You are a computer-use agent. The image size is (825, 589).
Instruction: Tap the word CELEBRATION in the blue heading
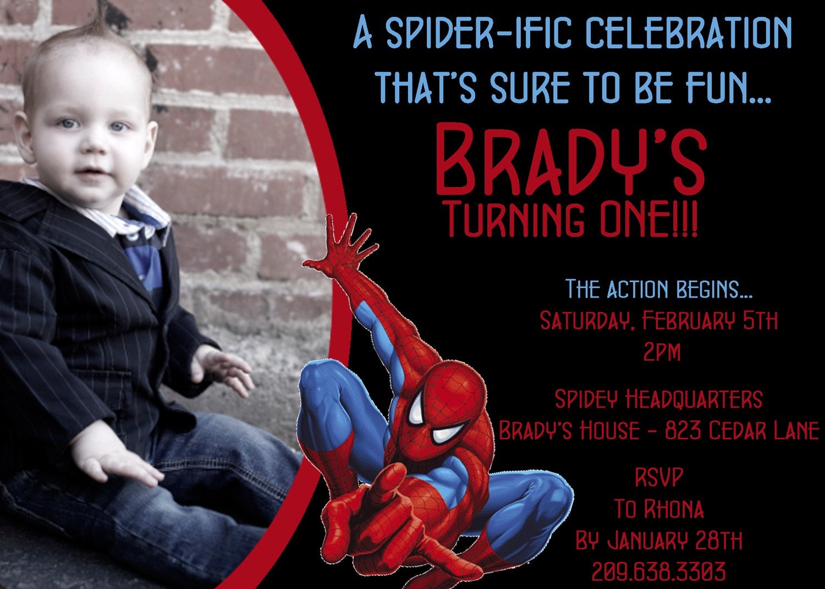688,32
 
